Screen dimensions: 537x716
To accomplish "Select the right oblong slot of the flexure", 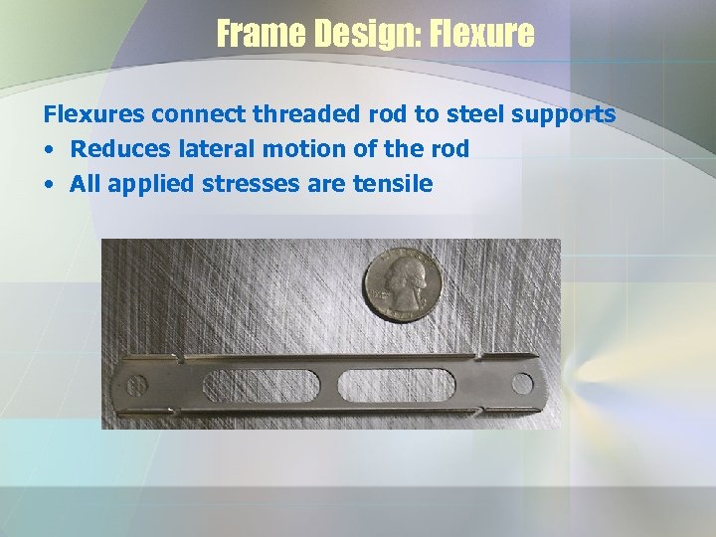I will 397,384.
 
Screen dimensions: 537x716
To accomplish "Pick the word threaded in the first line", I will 297,114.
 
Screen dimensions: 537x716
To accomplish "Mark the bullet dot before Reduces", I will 49,150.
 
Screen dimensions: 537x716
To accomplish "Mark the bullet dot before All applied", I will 49,185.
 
